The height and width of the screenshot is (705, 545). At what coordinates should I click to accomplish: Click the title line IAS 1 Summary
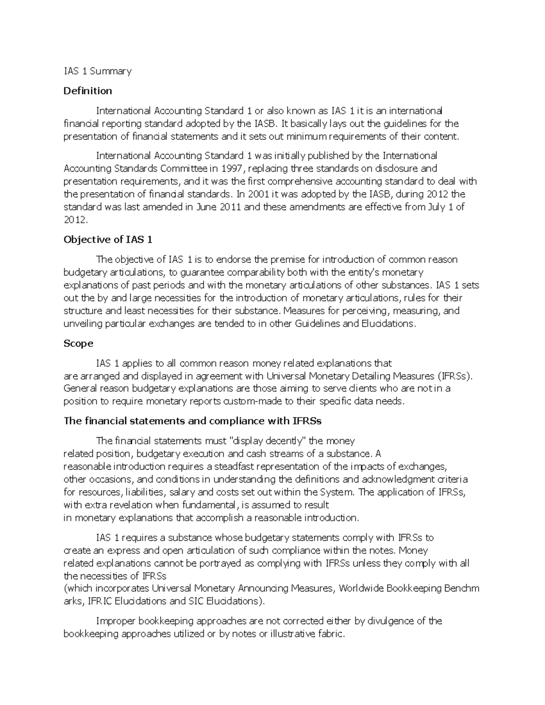point(98,71)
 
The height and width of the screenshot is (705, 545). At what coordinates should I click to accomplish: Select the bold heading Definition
point(88,91)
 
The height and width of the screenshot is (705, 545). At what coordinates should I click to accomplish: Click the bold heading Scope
point(78,343)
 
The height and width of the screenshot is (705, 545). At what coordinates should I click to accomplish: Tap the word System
point(337,492)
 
